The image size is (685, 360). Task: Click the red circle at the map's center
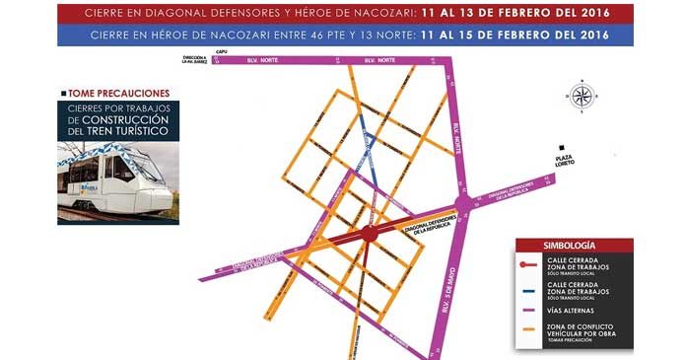point(369,234)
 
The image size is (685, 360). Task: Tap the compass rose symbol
point(582,96)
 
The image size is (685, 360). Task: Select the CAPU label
point(222,52)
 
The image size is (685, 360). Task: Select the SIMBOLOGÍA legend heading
point(573,244)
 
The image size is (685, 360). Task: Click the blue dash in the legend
point(533,291)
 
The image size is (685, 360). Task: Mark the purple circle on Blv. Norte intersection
point(463,203)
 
